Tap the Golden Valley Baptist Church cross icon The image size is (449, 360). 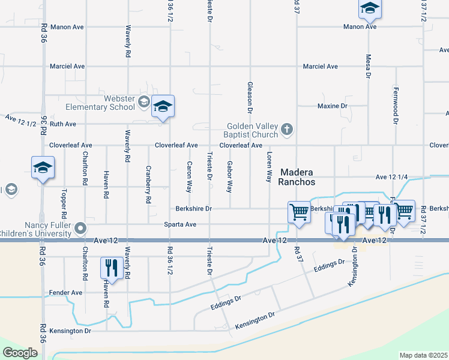(x=288, y=127)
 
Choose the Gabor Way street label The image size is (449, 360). (x=229, y=176)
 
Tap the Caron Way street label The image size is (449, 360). (x=189, y=176)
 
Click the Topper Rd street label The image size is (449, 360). (x=63, y=204)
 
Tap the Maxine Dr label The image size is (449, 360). (x=332, y=106)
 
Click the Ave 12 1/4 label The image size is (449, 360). (x=391, y=177)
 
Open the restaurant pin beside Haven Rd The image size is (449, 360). (x=112, y=267)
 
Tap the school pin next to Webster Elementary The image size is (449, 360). (x=163, y=107)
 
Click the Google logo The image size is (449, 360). (x=20, y=353)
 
